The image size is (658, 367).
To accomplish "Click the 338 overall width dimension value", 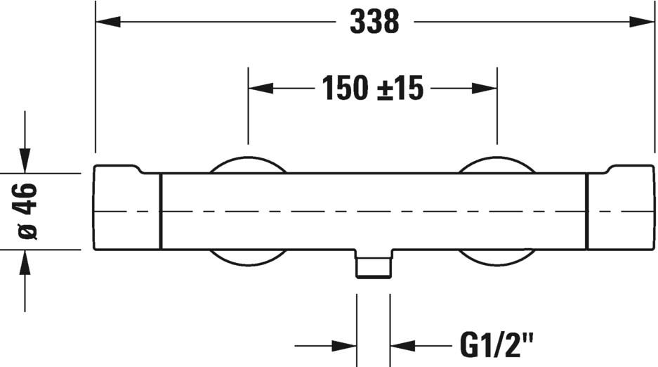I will coord(375,22).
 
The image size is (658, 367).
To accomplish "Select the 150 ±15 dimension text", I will coord(372,89).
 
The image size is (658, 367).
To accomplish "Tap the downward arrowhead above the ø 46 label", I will coord(25,160).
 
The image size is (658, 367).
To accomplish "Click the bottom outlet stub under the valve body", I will coord(373,267).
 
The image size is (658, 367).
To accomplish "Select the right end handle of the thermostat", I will coord(621,210).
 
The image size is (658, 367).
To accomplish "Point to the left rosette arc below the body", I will coord(249,259).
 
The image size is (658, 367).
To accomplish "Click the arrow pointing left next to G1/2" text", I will coord(403,346).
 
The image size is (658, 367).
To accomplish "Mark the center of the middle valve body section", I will coord(373,211).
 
